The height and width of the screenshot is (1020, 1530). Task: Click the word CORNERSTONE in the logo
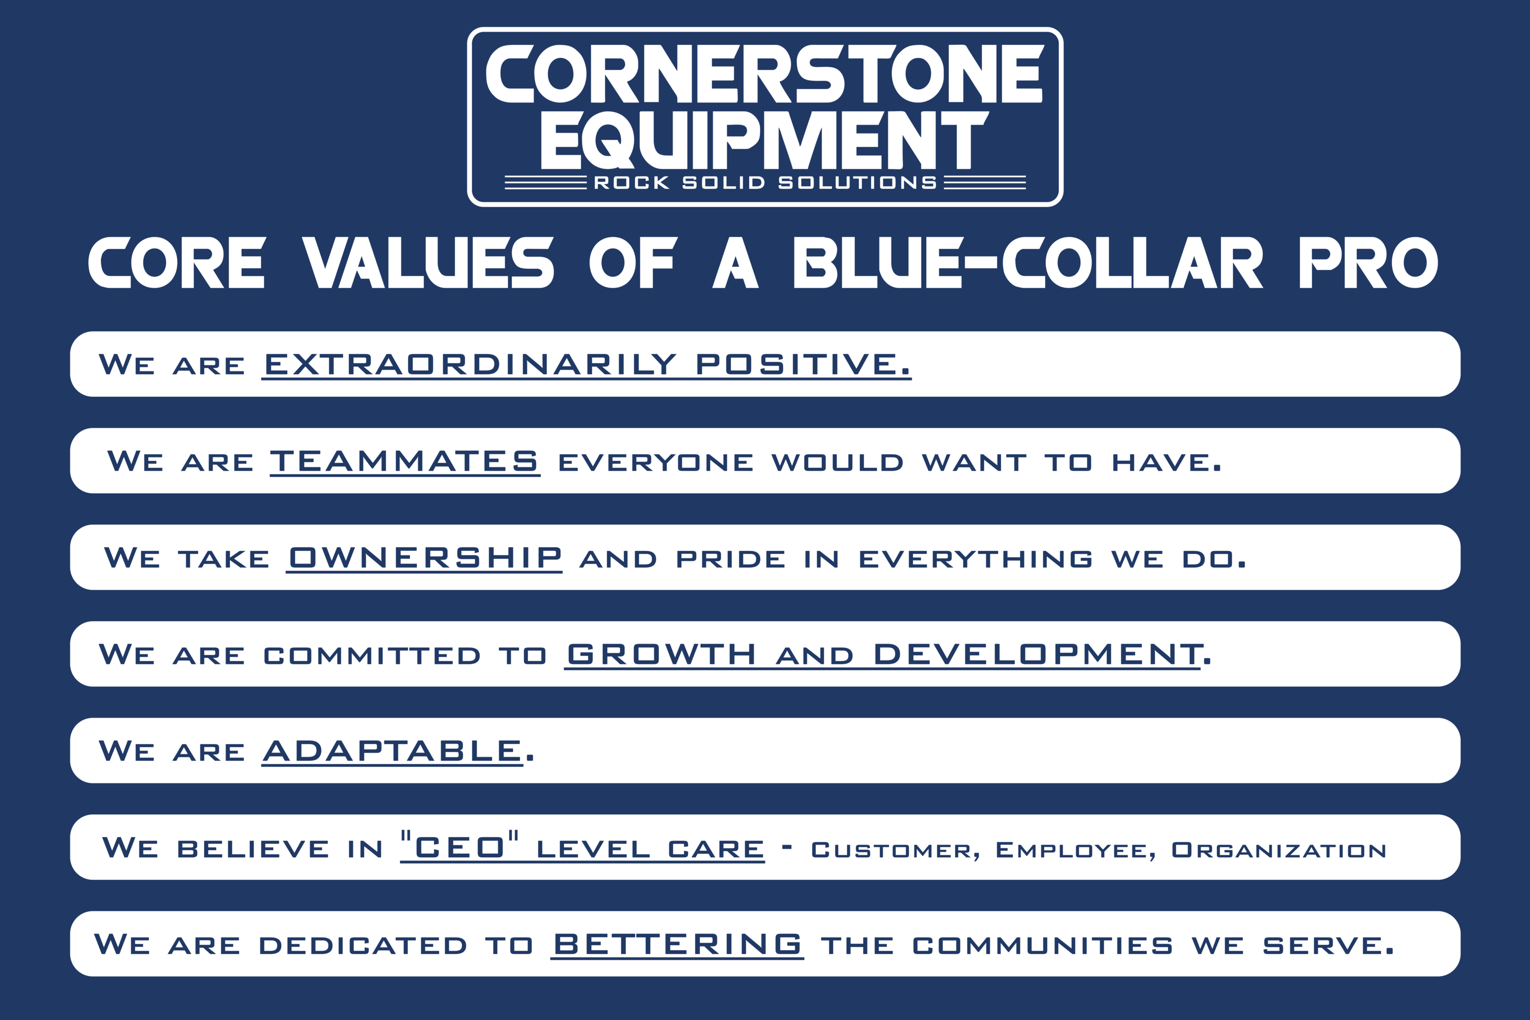coord(765,73)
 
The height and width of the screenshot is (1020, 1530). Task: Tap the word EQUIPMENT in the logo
coord(765,139)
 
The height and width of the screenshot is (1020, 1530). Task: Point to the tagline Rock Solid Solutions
coord(765,183)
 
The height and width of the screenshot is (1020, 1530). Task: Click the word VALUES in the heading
coord(428,262)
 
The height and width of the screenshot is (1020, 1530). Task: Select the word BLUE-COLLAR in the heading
coord(1028,262)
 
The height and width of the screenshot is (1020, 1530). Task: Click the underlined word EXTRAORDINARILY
coord(470,364)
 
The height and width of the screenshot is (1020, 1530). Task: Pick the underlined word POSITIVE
coord(803,364)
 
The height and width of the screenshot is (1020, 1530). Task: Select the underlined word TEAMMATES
coord(404,461)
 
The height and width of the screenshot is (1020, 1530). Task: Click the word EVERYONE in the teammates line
coord(656,463)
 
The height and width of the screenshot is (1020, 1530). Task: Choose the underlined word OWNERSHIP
coord(425,557)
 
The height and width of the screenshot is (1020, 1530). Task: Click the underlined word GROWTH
coord(661,654)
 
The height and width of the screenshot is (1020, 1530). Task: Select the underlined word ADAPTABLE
coord(392,751)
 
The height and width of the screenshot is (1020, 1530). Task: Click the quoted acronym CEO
coord(460,846)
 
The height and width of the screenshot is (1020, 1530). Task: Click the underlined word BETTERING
coord(677,944)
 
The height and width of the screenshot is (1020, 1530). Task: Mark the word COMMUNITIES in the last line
coord(1043,945)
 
